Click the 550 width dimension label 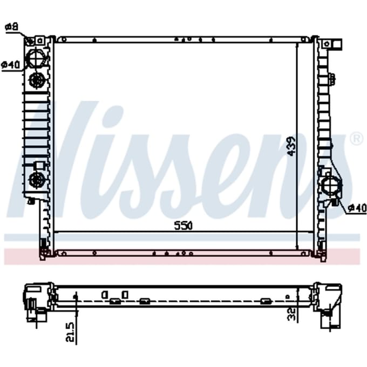pos(183,226)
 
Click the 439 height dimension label pos(291,146)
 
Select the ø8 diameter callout pos(12,27)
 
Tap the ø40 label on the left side pos(11,65)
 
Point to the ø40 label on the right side pos(357,208)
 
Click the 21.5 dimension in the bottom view pos(70,332)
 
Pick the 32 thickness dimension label pos(291,314)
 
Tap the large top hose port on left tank pos(36,58)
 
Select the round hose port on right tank pos(331,185)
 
